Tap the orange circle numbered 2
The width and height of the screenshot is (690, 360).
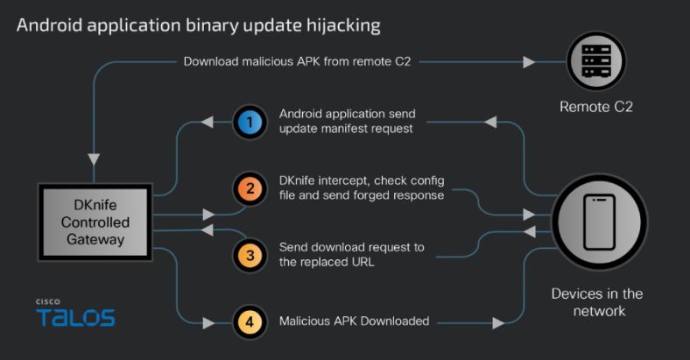click(250, 188)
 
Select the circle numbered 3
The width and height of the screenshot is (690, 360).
click(250, 255)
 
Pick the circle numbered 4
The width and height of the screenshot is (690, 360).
click(250, 321)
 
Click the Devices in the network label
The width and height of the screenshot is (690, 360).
click(597, 302)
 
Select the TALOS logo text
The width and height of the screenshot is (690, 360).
click(75, 317)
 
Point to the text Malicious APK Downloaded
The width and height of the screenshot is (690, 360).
click(354, 321)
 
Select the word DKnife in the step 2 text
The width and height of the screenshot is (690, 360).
click(299, 180)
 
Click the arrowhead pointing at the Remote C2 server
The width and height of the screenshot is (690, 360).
click(529, 62)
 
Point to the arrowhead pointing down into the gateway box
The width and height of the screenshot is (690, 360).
click(93, 160)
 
